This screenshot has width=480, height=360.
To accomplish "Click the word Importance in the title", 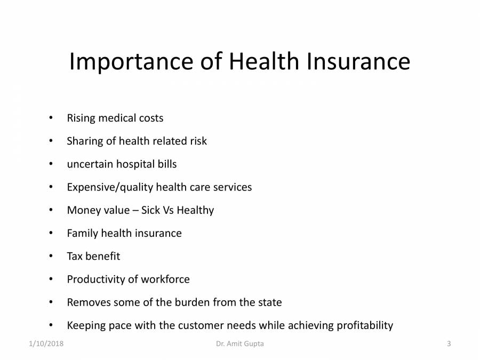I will [131, 62].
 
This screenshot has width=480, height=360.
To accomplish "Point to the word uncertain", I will [90, 164].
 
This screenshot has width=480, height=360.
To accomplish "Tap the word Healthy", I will [195, 210].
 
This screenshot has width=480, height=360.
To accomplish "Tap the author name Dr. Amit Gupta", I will [240, 344].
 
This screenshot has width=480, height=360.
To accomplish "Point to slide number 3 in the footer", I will [449, 344].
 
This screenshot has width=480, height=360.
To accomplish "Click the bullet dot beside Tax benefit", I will [51, 256].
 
